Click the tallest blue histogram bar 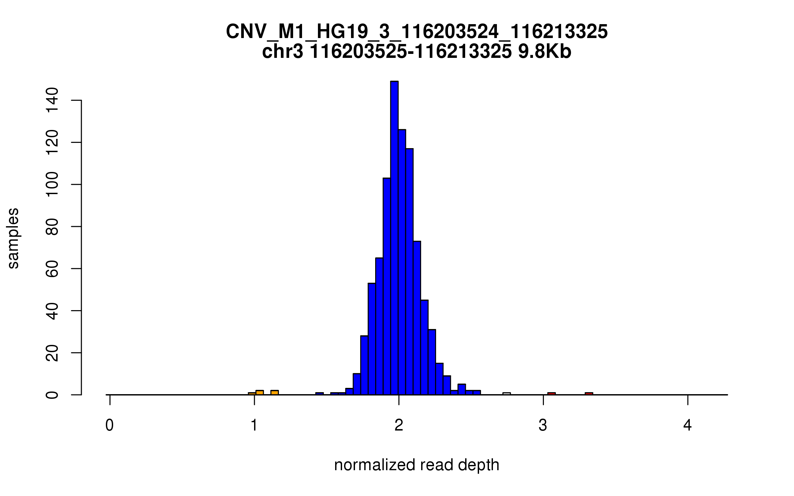pos(394,238)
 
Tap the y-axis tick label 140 pos(52,100)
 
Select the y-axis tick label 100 pos(52,184)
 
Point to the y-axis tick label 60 pos(52,269)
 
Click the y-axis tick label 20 pos(52,353)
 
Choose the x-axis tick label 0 pos(110,425)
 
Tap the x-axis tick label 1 pos(254,425)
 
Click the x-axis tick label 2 pos(399,425)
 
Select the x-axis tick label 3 pos(543,425)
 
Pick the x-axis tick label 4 pos(687,425)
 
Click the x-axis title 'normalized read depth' pos(417,465)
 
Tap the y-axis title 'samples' pos(13,238)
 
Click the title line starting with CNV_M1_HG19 pos(417,32)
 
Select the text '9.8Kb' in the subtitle pos(545,52)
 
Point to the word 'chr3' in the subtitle pos(282,52)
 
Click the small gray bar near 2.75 pos(507,393)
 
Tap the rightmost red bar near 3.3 pos(589,393)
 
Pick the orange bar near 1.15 pos(275,393)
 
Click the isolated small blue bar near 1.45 pos(319,393)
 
